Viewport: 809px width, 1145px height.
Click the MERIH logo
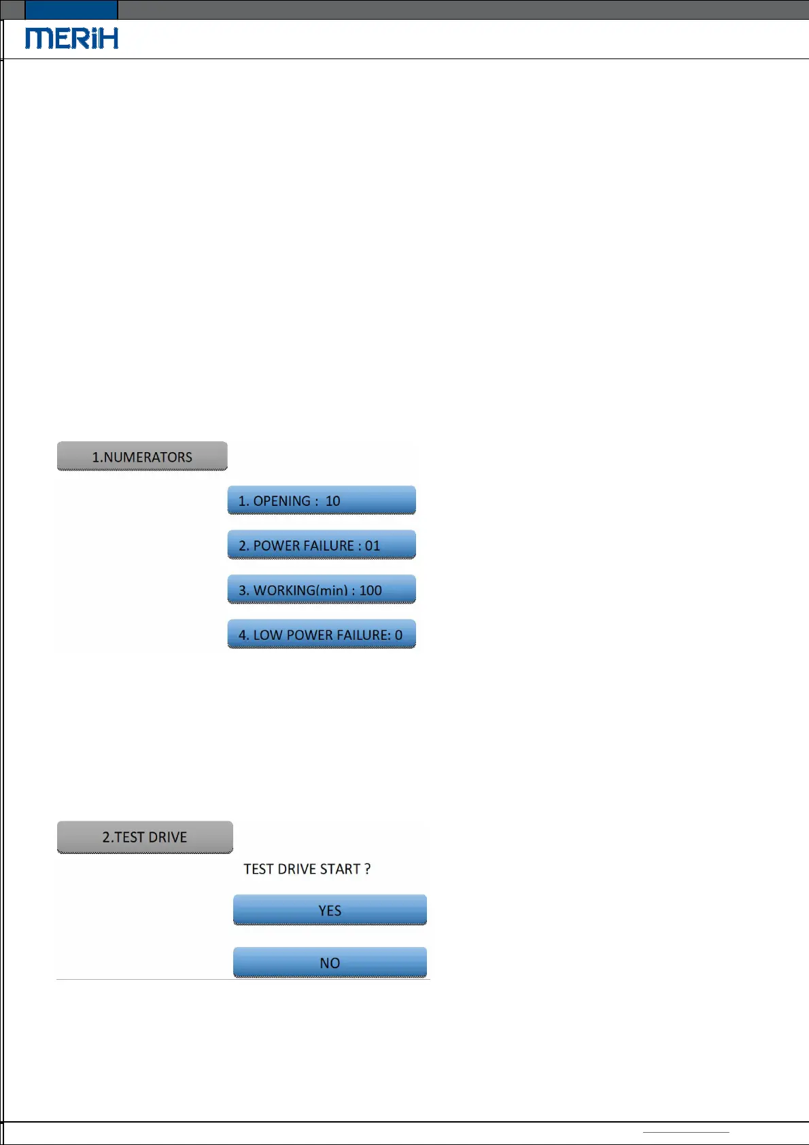71,38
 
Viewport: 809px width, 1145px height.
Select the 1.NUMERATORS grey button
142,456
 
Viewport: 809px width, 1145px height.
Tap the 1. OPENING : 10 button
321,500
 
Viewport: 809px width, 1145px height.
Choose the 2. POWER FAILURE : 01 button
321,545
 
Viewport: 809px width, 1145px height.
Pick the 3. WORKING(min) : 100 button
321,589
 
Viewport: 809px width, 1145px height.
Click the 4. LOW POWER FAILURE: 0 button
321,634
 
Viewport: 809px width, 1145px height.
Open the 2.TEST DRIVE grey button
145,837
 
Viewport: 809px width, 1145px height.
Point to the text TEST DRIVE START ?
307,869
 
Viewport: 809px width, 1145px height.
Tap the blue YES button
330,910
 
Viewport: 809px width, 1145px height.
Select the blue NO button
330,963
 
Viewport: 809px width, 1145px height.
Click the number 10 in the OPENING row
332,501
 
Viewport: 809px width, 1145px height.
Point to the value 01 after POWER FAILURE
373,546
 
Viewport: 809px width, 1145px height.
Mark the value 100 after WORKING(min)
371,590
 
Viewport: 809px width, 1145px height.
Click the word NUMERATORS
148,458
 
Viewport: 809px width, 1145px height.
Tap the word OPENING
281,501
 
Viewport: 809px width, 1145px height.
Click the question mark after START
367,869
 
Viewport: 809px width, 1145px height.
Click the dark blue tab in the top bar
71,10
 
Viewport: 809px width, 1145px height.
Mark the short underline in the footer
686,1132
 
